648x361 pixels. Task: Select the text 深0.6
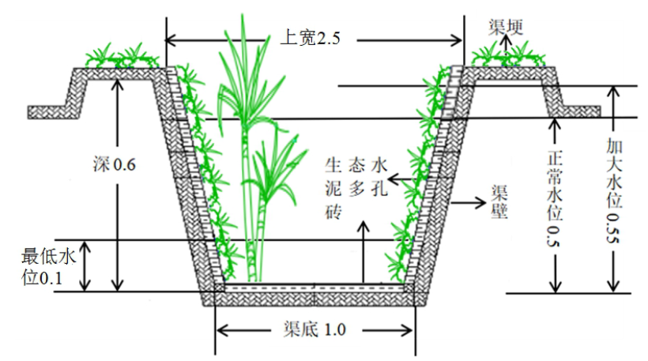point(115,165)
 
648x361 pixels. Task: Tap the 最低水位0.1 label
point(47,267)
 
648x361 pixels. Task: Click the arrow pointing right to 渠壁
point(465,201)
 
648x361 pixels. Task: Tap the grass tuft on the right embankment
point(507,57)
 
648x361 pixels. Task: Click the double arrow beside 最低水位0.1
point(86,266)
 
